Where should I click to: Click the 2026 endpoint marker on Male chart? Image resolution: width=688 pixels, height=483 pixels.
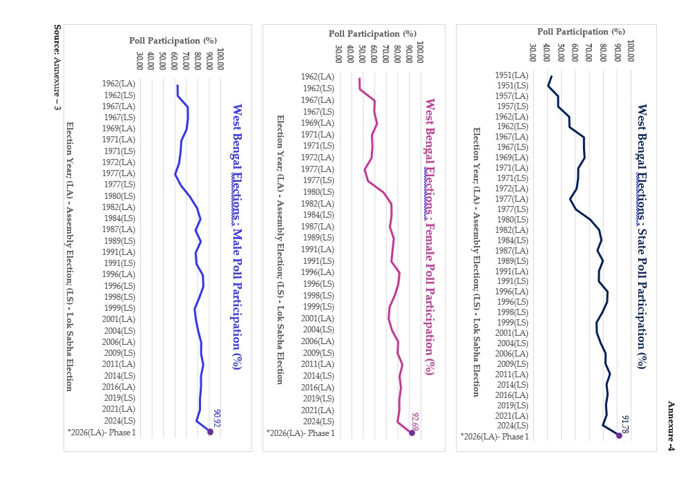click(210, 432)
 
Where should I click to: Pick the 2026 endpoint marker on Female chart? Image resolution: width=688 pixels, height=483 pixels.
click(408, 433)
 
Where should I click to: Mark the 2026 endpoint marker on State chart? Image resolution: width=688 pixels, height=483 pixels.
click(619, 435)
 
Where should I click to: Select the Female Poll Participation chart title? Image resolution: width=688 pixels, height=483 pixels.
click(430, 236)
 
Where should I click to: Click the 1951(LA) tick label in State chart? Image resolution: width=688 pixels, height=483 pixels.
click(511, 75)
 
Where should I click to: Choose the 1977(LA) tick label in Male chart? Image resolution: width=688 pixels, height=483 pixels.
click(119, 173)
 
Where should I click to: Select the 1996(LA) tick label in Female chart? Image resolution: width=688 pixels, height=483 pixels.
click(318, 272)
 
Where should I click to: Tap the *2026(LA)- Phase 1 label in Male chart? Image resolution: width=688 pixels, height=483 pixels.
click(102, 433)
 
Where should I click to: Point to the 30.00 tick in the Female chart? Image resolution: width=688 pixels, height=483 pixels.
click(338, 54)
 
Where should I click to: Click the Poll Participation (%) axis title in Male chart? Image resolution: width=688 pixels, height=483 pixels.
click(173, 40)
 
